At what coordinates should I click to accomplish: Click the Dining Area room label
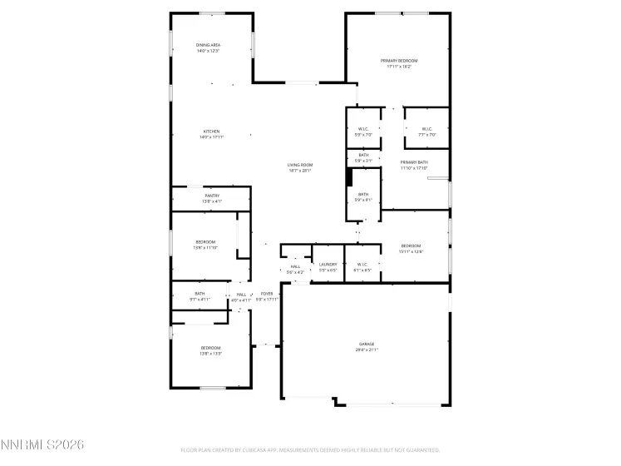tap(208, 45)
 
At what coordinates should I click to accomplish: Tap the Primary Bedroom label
tap(399, 62)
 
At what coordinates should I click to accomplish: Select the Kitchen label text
tap(211, 131)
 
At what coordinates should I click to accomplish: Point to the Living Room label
tap(299, 165)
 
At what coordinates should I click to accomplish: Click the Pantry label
tap(211, 196)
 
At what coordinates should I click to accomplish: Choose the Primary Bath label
tap(413, 162)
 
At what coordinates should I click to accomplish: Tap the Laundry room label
tap(328, 265)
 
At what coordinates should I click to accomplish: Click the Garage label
tap(367, 344)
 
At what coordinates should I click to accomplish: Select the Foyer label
tap(267, 294)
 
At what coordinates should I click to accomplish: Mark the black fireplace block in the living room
tap(350, 177)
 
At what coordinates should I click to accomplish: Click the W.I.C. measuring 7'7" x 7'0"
tap(426, 129)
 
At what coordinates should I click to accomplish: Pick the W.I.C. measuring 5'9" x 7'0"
tap(363, 129)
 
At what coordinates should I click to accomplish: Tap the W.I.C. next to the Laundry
tap(362, 265)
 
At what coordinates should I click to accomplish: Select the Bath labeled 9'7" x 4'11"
tap(200, 299)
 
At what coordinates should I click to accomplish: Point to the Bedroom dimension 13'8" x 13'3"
tap(210, 354)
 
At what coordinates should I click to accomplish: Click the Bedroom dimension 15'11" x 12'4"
tap(412, 251)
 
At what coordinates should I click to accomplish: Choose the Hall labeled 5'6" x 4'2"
tap(295, 272)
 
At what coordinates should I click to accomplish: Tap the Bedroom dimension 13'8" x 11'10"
tap(205, 247)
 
